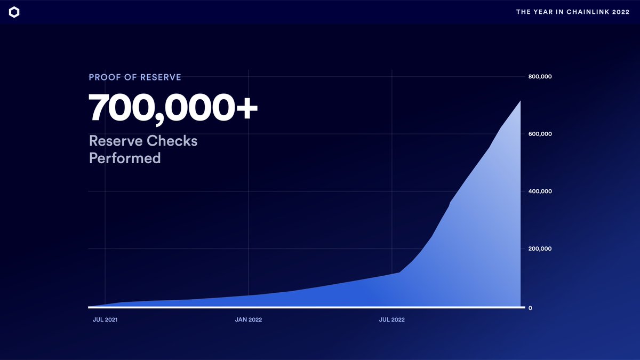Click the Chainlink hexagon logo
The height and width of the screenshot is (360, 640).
(14, 12)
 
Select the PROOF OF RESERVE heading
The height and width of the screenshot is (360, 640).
(135, 77)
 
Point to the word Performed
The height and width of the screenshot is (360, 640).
(125, 158)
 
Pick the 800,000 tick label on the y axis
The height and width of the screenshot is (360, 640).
(540, 77)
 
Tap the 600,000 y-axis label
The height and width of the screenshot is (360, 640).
(540, 134)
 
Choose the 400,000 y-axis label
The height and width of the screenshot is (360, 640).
(540, 191)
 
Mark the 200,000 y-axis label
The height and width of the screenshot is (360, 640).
(540, 249)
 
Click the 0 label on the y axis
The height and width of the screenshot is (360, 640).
(530, 308)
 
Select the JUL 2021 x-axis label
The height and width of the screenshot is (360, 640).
(105, 320)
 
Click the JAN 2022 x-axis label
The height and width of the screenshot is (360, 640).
(249, 320)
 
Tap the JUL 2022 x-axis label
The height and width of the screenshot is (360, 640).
(392, 320)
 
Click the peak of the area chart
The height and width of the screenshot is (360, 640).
(519, 101)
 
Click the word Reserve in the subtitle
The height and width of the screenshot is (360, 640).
(115, 141)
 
